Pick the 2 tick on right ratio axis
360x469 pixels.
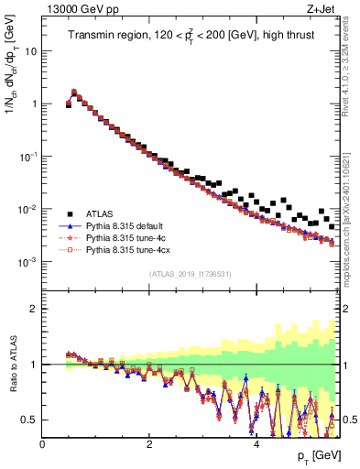[x=347, y=309]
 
